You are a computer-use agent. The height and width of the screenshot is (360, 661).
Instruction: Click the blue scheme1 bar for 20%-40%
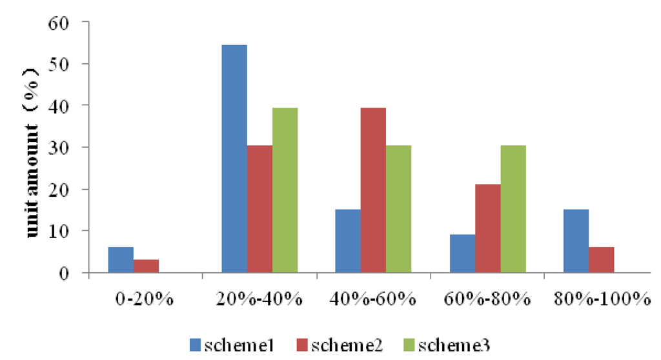click(234, 159)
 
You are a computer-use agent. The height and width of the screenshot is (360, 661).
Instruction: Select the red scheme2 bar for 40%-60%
click(373, 190)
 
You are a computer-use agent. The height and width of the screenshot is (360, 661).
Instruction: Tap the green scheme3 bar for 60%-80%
click(513, 209)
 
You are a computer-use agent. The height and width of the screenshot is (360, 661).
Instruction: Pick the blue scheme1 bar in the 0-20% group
click(120, 260)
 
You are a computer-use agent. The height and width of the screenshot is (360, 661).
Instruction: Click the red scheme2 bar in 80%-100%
click(601, 260)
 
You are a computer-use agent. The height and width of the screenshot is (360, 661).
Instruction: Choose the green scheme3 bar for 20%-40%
click(285, 190)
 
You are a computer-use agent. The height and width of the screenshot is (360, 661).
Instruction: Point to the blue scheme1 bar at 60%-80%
click(462, 254)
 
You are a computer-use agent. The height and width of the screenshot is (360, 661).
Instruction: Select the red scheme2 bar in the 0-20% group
click(146, 266)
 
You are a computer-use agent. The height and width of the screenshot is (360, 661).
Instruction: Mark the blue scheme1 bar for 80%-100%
click(576, 241)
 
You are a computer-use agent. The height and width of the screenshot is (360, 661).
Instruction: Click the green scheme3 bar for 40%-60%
click(398, 209)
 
